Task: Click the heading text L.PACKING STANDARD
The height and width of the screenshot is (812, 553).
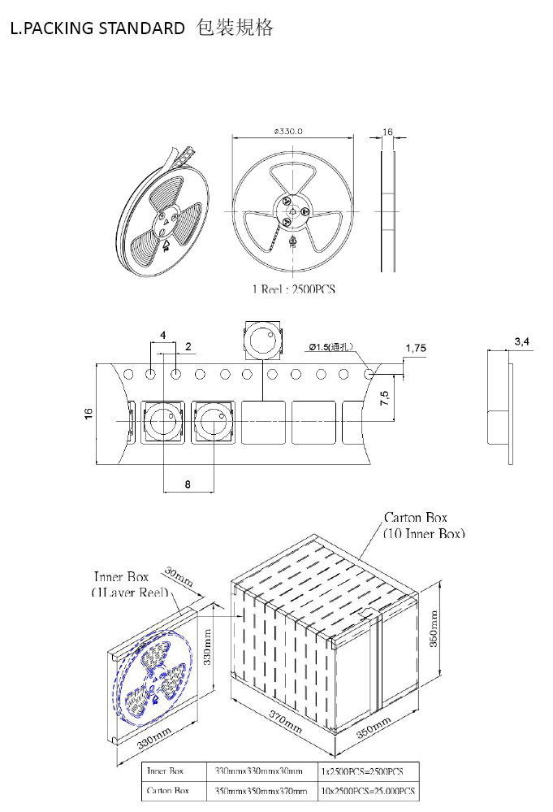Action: (x=97, y=28)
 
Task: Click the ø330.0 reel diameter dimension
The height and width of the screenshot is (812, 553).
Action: (x=289, y=132)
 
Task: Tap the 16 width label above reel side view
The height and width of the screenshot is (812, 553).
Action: (x=387, y=131)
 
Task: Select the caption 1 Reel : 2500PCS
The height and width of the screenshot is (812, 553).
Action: (x=293, y=289)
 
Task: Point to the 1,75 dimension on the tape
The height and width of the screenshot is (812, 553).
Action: (x=415, y=348)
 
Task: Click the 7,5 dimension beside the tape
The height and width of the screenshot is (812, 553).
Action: (x=385, y=398)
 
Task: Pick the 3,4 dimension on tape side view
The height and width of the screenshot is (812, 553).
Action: (x=522, y=341)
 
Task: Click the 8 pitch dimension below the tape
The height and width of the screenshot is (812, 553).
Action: (x=188, y=484)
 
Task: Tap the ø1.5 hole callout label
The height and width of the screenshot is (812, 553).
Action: (x=331, y=347)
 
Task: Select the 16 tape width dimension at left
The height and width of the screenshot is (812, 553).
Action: (x=88, y=414)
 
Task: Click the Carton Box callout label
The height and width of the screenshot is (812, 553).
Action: (x=415, y=517)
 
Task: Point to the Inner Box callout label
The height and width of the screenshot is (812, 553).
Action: (x=120, y=577)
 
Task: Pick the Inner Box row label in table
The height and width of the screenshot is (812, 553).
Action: (x=165, y=771)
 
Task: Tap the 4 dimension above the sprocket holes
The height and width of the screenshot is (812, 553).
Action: (x=163, y=335)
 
